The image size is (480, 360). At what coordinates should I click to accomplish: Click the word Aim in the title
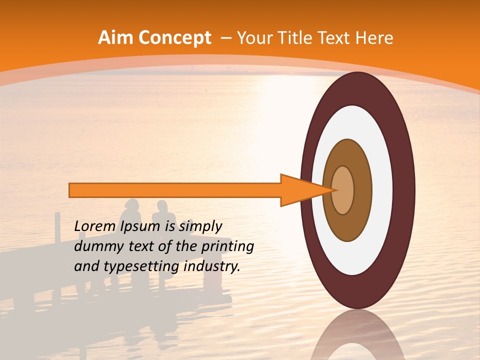pyautogui.click(x=116, y=38)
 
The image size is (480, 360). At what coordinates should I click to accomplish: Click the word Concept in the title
pyautogui.click(x=175, y=38)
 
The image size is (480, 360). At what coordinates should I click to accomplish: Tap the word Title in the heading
pyautogui.click(x=297, y=38)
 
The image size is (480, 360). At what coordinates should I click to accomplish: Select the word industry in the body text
pyautogui.click(x=211, y=266)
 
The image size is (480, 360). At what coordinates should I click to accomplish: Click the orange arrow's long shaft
pyautogui.click(x=175, y=190)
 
